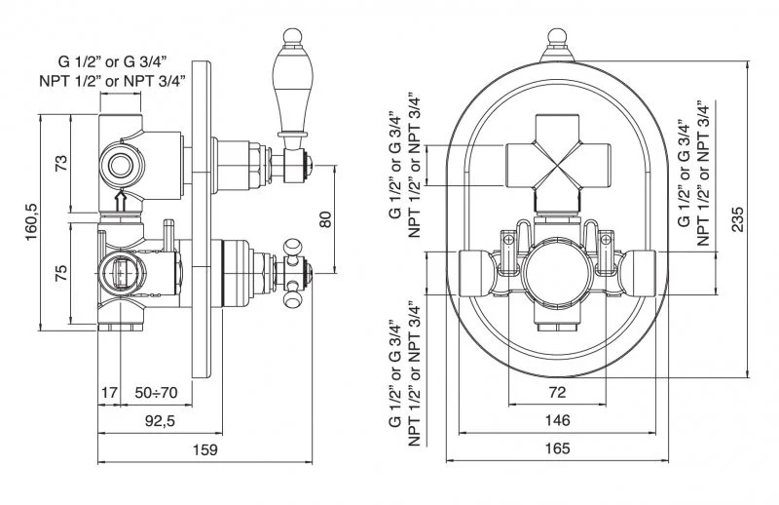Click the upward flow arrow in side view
[120, 202]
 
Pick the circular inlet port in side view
[120, 164]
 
